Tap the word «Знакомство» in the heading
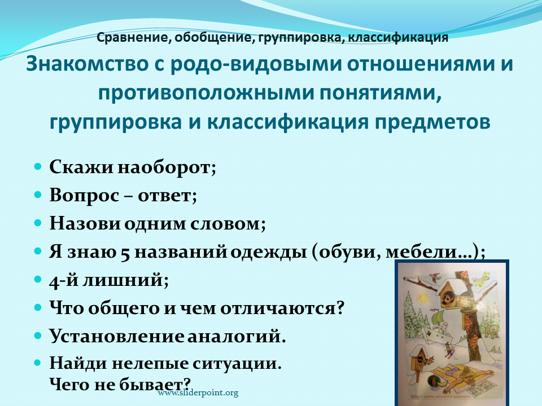(87, 64)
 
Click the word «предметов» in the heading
(432, 122)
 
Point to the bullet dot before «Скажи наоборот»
(38, 167)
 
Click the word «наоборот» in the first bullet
(167, 168)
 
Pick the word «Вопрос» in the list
(84, 196)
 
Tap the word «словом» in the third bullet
(228, 224)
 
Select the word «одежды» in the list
(269, 253)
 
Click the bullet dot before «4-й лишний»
(38, 279)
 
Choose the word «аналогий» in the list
(237, 336)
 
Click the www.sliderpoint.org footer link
(198, 393)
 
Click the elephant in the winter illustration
(491, 332)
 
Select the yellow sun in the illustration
(422, 297)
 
